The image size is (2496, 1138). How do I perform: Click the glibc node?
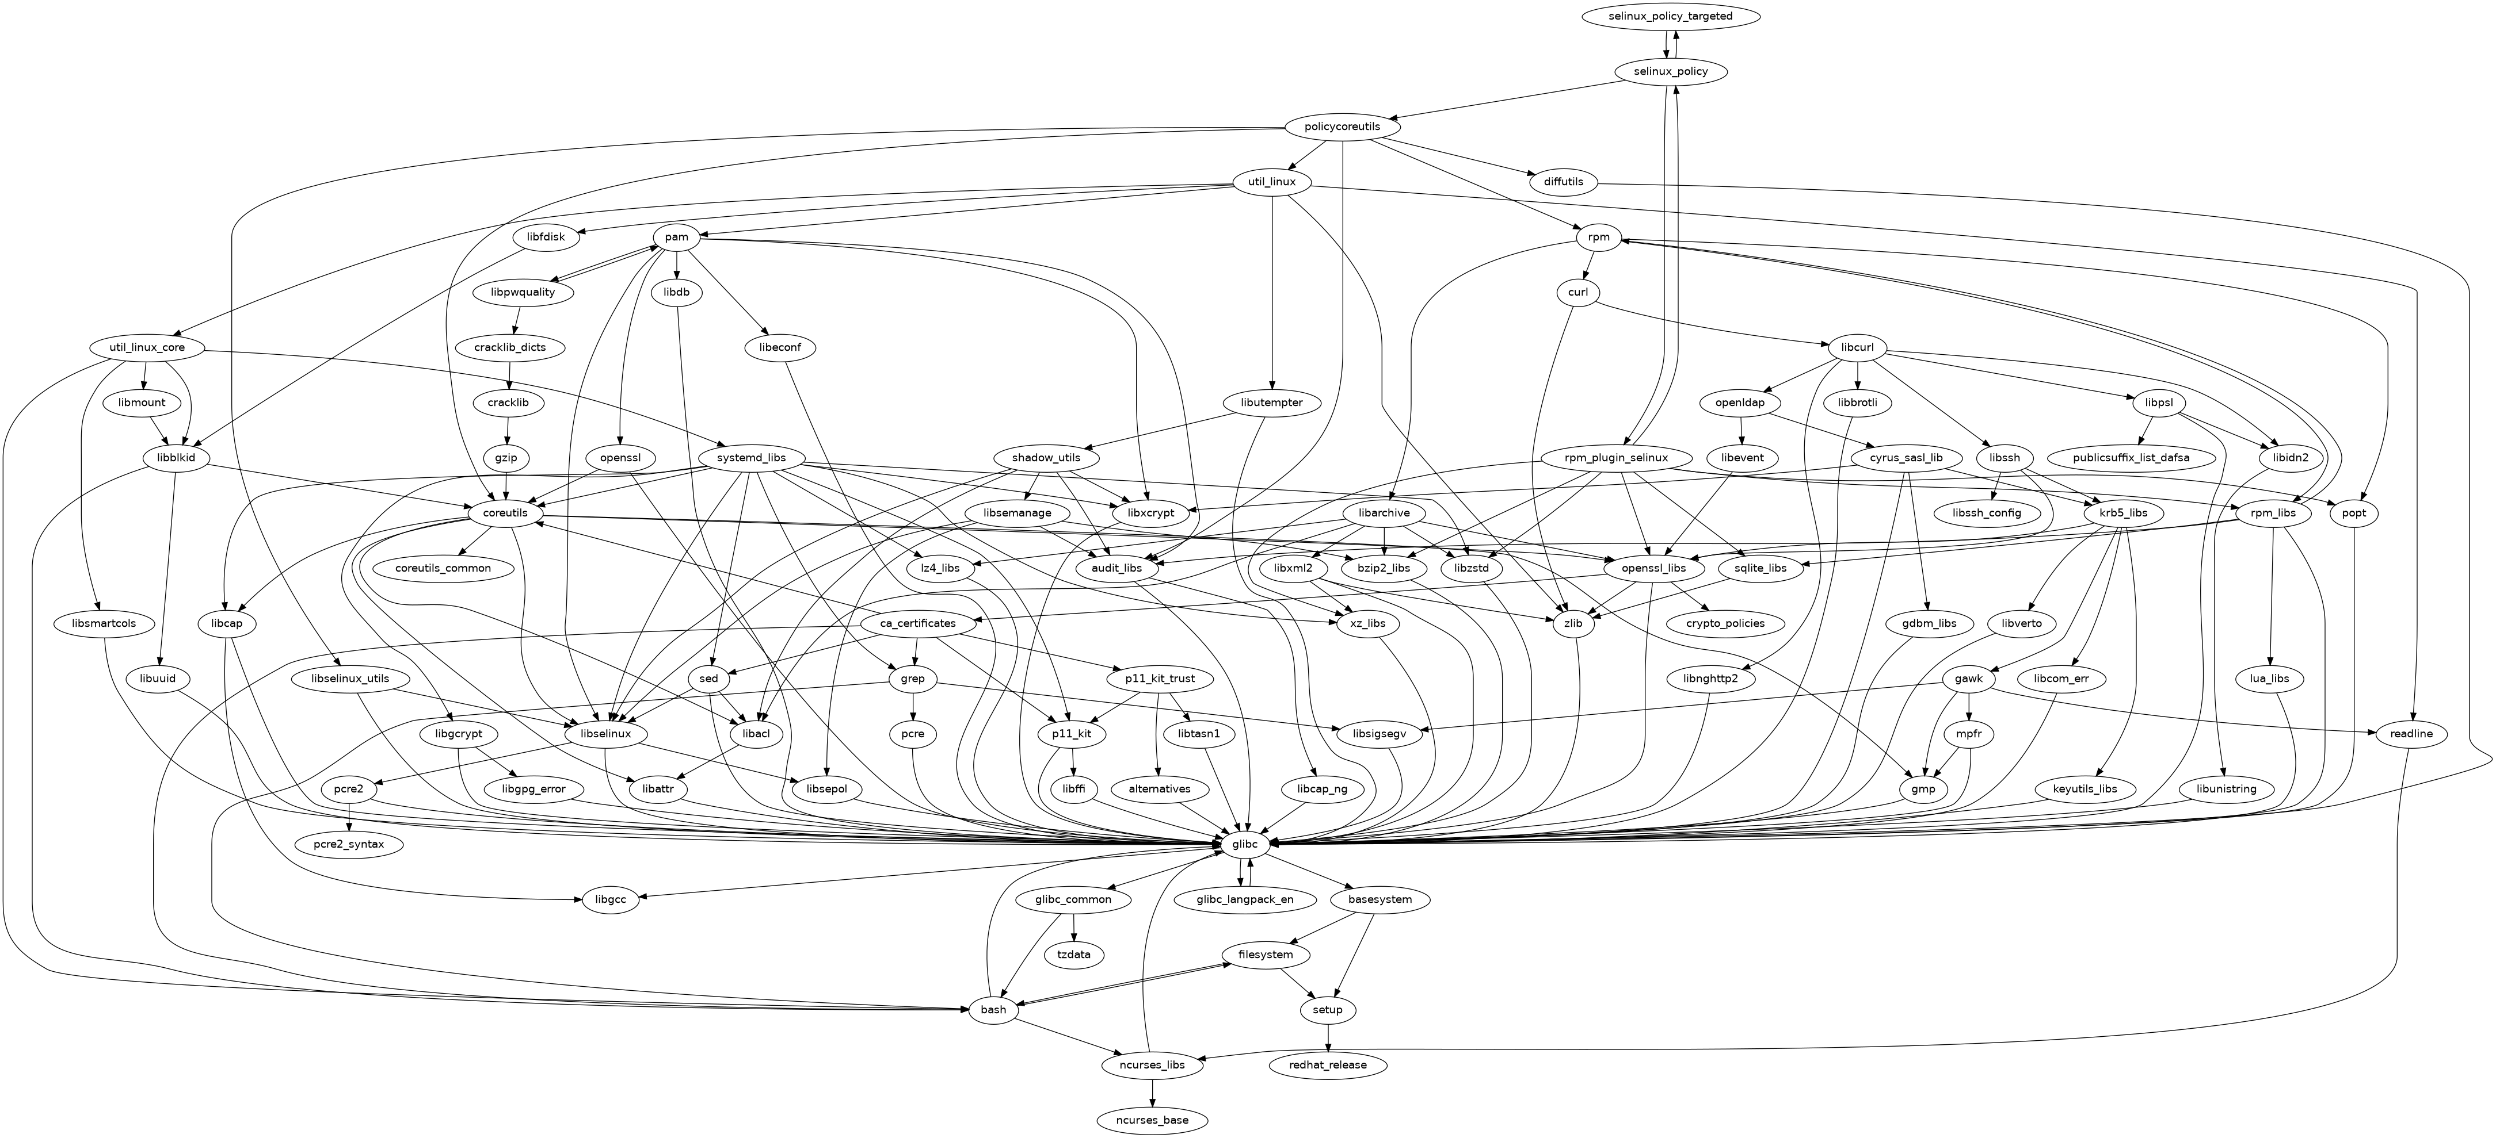tap(1244, 845)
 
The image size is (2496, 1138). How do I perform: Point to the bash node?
tap(993, 1010)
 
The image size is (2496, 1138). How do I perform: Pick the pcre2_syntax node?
tap(348, 845)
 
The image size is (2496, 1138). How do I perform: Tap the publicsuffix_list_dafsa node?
tap(2132, 457)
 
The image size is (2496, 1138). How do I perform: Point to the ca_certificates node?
tap(917, 624)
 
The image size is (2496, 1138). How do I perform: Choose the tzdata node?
tap(1073, 955)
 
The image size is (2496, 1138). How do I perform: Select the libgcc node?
tap(611, 900)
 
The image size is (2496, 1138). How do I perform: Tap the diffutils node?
tap(1563, 182)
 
